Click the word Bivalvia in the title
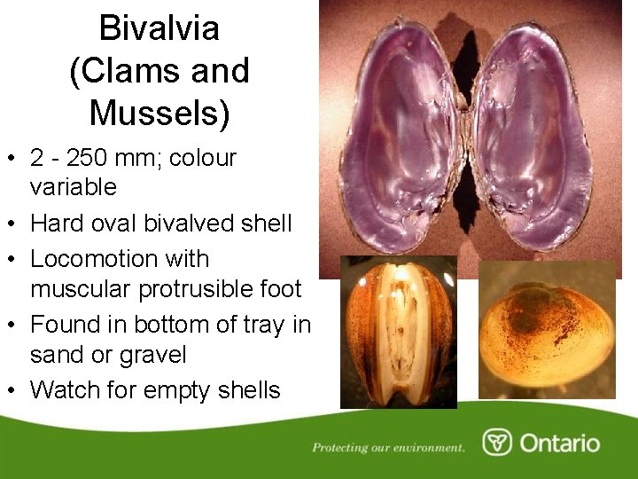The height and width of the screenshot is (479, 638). [x=159, y=28]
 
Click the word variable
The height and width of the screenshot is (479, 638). [x=73, y=187]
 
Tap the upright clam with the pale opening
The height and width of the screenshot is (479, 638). [x=399, y=333]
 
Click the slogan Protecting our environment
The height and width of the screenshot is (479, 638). [x=388, y=447]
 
